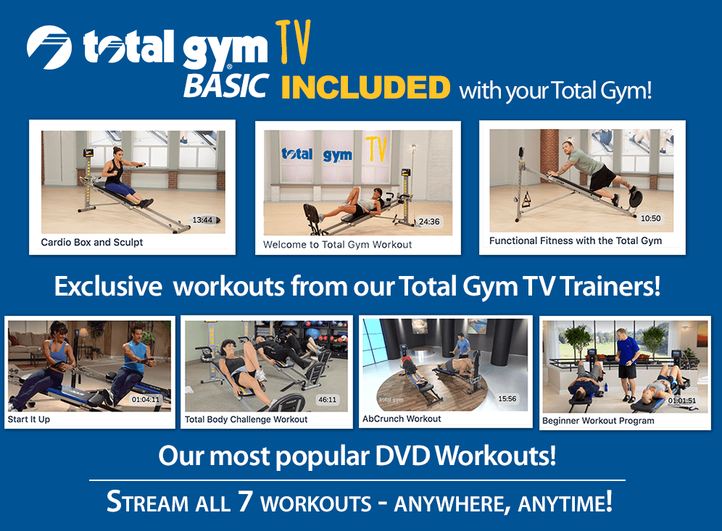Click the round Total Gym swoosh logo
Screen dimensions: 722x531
[x=49, y=47]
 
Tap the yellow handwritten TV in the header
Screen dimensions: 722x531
[x=294, y=42]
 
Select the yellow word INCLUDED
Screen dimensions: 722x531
[x=365, y=88]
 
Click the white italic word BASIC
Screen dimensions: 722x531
[x=226, y=85]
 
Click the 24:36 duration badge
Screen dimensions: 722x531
[x=428, y=222]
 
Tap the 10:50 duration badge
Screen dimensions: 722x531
[x=651, y=219]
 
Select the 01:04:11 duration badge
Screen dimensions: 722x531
[x=146, y=399]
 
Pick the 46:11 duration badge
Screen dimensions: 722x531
[x=328, y=399]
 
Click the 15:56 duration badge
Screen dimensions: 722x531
[x=507, y=398]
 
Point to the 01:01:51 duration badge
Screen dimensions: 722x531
[x=682, y=401]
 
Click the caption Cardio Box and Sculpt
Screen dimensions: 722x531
[x=92, y=243]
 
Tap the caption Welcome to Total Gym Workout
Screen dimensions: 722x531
[x=338, y=245]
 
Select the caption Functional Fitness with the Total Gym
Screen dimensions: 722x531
[x=576, y=241]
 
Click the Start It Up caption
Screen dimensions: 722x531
[x=29, y=419]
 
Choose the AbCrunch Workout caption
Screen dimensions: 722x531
[x=402, y=419]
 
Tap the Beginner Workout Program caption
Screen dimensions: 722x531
[x=598, y=421]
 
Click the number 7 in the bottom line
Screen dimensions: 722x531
[x=245, y=501]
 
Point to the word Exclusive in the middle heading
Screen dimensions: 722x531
[x=108, y=287]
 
